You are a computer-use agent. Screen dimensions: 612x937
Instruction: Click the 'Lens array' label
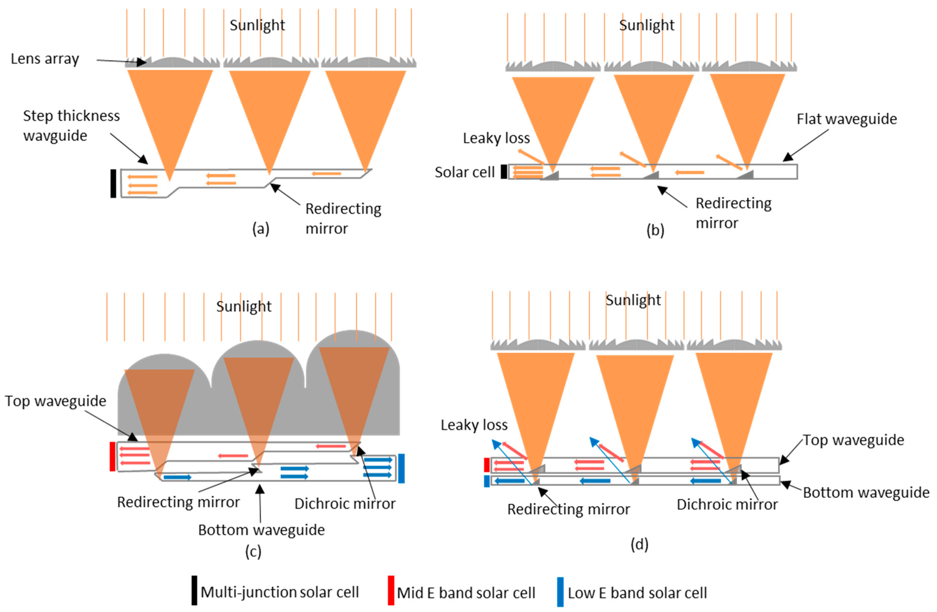click(x=44, y=59)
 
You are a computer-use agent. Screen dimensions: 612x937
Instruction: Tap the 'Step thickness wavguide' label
click(x=71, y=125)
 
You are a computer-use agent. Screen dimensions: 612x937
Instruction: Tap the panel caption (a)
click(x=261, y=228)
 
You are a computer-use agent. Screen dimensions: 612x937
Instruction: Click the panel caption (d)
click(x=639, y=544)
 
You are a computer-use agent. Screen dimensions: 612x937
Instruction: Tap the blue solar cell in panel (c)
click(x=401, y=468)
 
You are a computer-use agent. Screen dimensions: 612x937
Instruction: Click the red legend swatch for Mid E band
click(x=391, y=590)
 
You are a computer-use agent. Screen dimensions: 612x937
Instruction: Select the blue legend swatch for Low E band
click(x=560, y=591)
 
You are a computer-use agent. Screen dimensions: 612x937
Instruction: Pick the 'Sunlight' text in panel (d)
click(x=633, y=300)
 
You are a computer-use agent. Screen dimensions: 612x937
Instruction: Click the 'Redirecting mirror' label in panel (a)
click(x=343, y=218)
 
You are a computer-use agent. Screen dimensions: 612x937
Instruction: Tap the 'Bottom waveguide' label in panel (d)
click(x=866, y=492)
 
